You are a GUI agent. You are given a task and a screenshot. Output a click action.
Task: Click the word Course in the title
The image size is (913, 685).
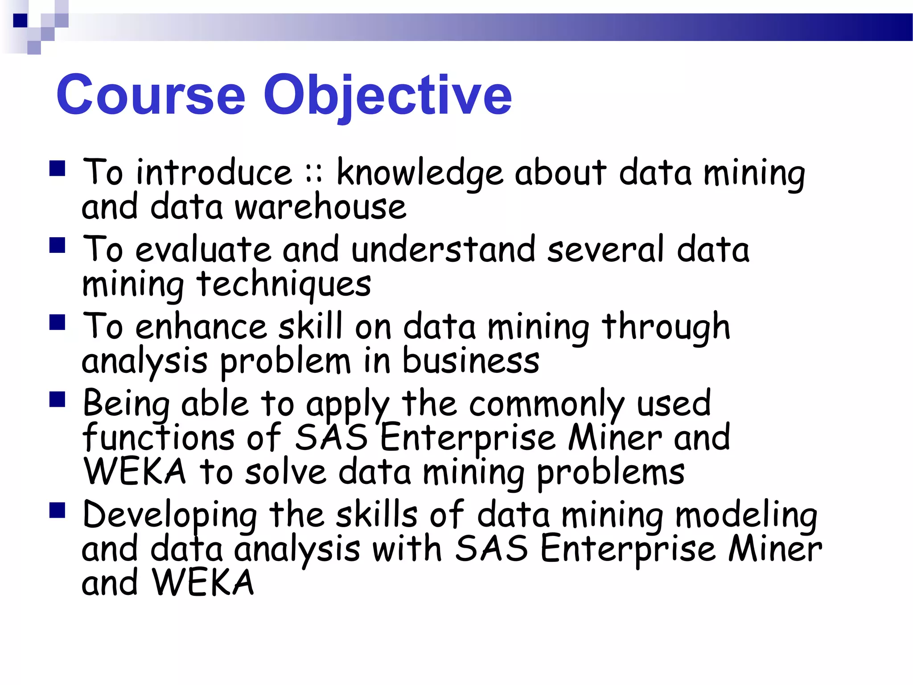tap(151, 95)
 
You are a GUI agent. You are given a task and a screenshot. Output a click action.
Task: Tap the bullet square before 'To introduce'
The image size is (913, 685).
tap(58, 169)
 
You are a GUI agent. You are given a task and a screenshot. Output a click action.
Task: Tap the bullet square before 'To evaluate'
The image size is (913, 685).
tap(58, 245)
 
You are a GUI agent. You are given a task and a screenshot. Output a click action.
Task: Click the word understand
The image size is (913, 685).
tap(443, 250)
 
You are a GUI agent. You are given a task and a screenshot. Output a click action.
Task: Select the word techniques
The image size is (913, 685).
tap(284, 285)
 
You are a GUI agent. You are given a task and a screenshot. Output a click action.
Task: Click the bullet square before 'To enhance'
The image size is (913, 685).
tap(58, 322)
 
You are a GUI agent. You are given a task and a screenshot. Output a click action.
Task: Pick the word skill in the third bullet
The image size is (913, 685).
tap(311, 326)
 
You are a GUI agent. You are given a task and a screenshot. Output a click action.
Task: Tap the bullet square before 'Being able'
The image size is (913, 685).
tap(58, 400)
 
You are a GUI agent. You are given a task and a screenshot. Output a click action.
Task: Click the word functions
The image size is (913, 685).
tap(158, 437)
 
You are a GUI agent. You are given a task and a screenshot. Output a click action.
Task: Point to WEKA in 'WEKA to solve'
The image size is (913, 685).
tap(135, 472)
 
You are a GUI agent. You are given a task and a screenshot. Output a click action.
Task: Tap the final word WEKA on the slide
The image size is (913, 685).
tap(202, 583)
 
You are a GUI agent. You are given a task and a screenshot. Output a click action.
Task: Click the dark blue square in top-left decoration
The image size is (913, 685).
tap(21, 21)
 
